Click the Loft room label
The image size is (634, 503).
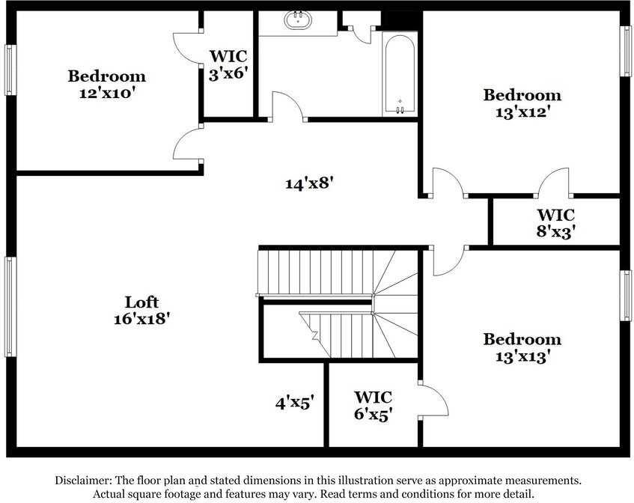point(141,302)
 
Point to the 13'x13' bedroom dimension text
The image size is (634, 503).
point(522,356)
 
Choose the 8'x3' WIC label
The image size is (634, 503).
point(555,231)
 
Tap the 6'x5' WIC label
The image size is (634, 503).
point(373,413)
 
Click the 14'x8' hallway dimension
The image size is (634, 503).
point(308,182)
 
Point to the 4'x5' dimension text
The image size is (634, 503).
point(294,403)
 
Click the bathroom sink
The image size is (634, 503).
point(298,20)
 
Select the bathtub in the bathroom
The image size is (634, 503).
point(400,73)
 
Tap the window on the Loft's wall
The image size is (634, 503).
point(10,306)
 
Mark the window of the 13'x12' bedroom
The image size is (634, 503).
point(625,51)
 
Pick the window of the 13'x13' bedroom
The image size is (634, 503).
point(625,296)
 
